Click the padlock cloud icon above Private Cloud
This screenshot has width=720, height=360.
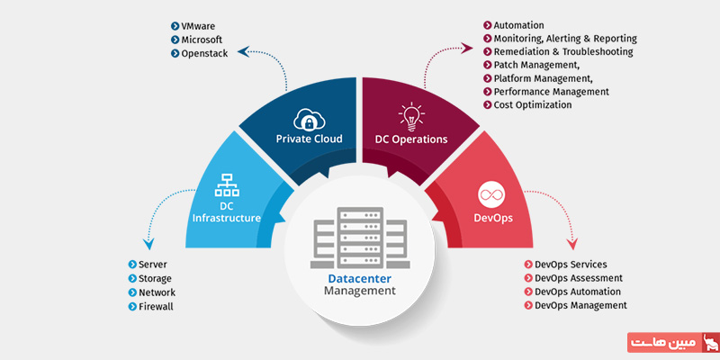pos(308,118)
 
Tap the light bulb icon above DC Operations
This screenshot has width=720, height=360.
pos(410,116)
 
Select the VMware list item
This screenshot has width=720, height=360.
pos(204,26)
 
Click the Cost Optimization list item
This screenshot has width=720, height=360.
pos(532,105)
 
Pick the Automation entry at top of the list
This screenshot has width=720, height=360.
pos(518,26)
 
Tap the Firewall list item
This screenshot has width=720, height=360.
pos(155,306)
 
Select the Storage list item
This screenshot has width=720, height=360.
pos(155,279)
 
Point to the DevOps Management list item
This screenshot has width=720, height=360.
pos(580,305)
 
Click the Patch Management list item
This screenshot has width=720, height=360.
pos(536,66)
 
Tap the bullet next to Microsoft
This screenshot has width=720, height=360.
pos(175,40)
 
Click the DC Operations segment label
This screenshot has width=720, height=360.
pos(411,139)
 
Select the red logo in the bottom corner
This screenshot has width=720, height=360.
pos(670,344)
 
